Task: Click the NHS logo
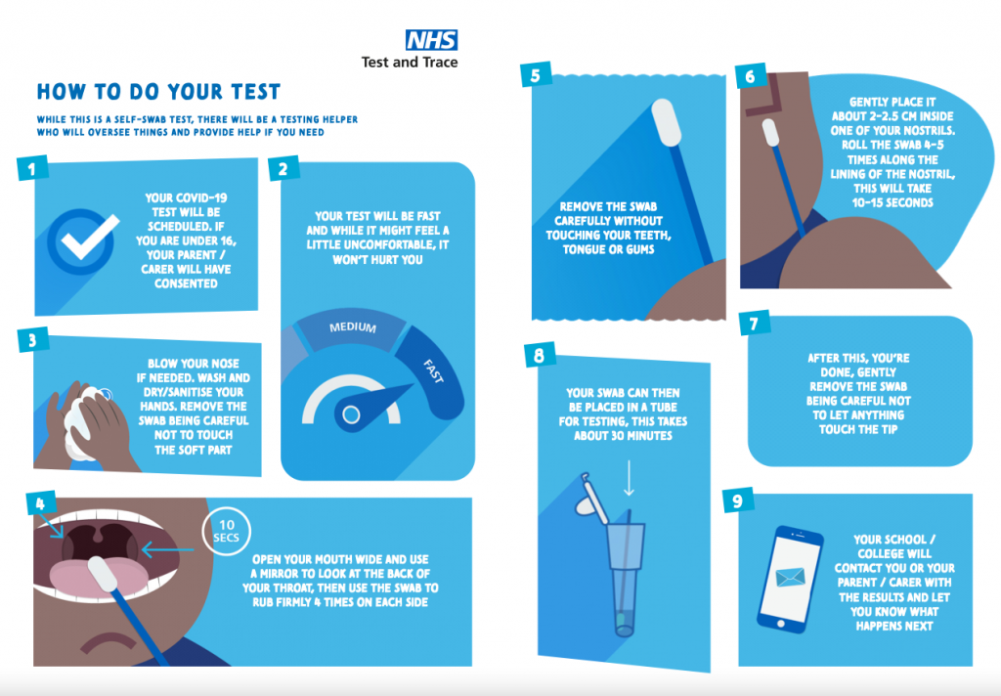[431, 40]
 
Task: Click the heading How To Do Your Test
[158, 92]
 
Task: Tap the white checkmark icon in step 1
[90, 237]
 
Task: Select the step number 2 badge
[283, 168]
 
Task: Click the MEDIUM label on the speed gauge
[352, 327]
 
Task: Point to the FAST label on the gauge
[433, 371]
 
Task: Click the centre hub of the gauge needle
[351, 415]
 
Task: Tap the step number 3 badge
[32, 340]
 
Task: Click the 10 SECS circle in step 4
[227, 531]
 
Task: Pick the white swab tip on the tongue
[103, 574]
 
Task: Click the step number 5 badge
[536, 75]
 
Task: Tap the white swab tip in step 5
[665, 122]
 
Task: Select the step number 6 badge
[750, 77]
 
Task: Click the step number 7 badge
[755, 324]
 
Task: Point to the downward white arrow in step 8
[629, 478]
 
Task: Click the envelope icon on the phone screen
[790, 578]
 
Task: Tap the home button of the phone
[780, 624]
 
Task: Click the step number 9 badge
[737, 500]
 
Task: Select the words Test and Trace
[410, 63]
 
